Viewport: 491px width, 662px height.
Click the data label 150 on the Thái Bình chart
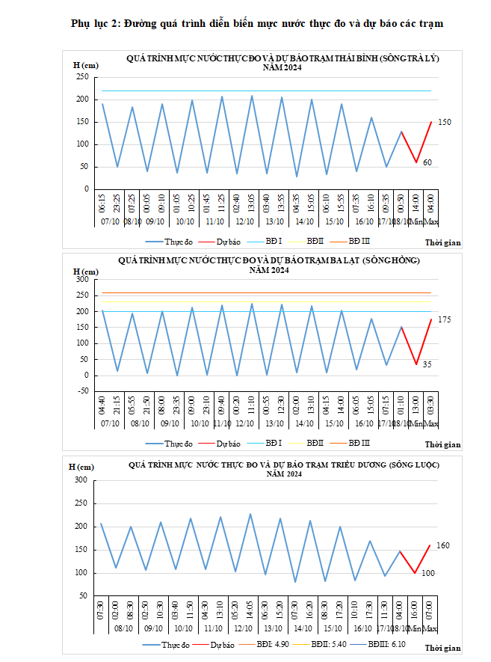click(x=445, y=122)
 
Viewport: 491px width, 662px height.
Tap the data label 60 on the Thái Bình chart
click(x=427, y=162)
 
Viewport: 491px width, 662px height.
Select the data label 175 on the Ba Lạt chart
click(x=444, y=319)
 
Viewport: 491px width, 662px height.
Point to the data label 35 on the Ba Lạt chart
click(x=427, y=364)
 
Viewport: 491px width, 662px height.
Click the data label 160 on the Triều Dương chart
click(x=442, y=546)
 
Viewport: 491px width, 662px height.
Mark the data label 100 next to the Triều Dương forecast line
click(x=427, y=573)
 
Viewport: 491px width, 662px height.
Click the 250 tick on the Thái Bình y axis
click(x=82, y=77)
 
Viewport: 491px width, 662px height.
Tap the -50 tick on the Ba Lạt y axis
click(x=82, y=390)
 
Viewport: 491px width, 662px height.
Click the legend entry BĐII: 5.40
click(x=329, y=644)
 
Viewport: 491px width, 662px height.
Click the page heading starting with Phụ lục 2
click(x=257, y=23)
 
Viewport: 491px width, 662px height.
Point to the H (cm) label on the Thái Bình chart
click(x=86, y=66)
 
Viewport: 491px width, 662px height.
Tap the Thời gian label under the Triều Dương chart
click(x=443, y=648)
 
